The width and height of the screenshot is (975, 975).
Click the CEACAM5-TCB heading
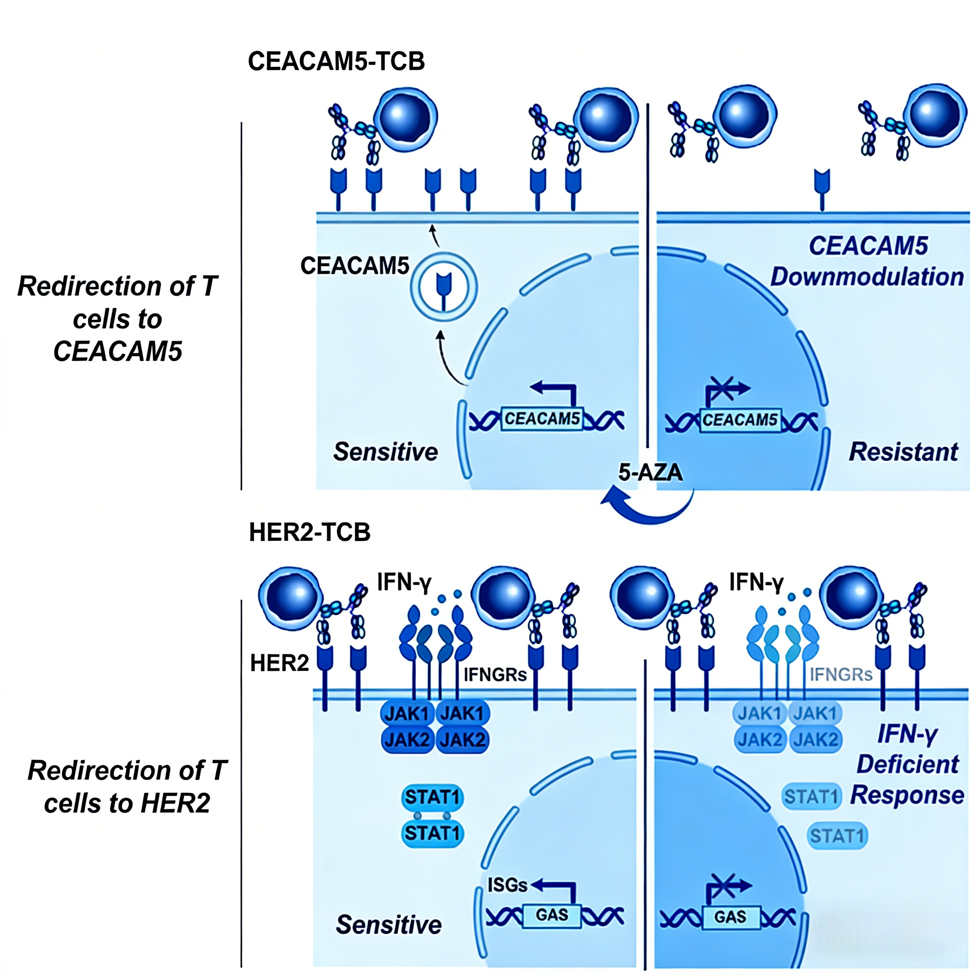(336, 61)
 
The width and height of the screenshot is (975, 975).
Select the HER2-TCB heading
(309, 532)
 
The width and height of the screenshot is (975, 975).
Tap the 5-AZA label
(650, 472)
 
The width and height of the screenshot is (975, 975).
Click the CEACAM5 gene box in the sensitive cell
(542, 419)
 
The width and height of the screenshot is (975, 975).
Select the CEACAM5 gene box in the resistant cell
(740, 420)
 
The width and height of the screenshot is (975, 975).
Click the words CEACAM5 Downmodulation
(867, 261)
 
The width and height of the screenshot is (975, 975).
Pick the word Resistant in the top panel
(903, 452)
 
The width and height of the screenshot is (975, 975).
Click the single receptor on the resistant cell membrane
(822, 189)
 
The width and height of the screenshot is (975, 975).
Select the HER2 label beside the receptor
(279, 663)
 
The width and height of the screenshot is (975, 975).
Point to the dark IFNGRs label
(495, 675)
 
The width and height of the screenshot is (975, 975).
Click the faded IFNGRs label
(841, 675)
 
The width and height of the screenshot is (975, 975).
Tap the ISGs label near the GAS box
(507, 885)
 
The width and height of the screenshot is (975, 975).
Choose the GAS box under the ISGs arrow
(552, 915)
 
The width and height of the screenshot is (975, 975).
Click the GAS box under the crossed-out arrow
(730, 917)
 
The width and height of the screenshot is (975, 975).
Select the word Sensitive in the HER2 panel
(388, 925)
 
